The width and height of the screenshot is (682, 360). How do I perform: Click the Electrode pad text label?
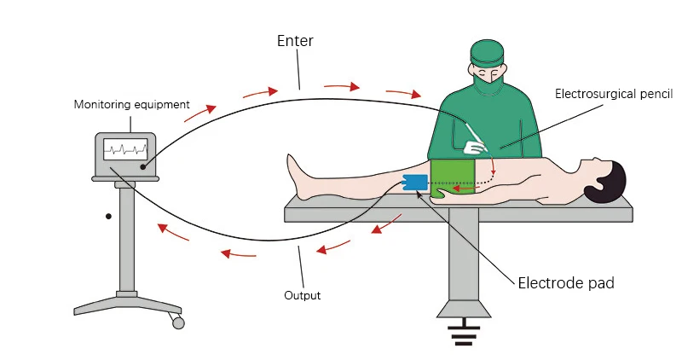pos(565,282)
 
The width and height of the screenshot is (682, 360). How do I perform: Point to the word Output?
pos(302,296)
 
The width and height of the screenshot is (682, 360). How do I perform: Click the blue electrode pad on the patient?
pos(415,183)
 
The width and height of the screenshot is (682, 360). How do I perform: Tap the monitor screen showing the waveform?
pos(124,150)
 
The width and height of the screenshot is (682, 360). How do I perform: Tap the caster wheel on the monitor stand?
pos(177,322)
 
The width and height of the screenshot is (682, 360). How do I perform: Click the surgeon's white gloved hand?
pos(473,147)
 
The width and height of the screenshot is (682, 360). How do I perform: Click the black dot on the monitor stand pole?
pos(108,217)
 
